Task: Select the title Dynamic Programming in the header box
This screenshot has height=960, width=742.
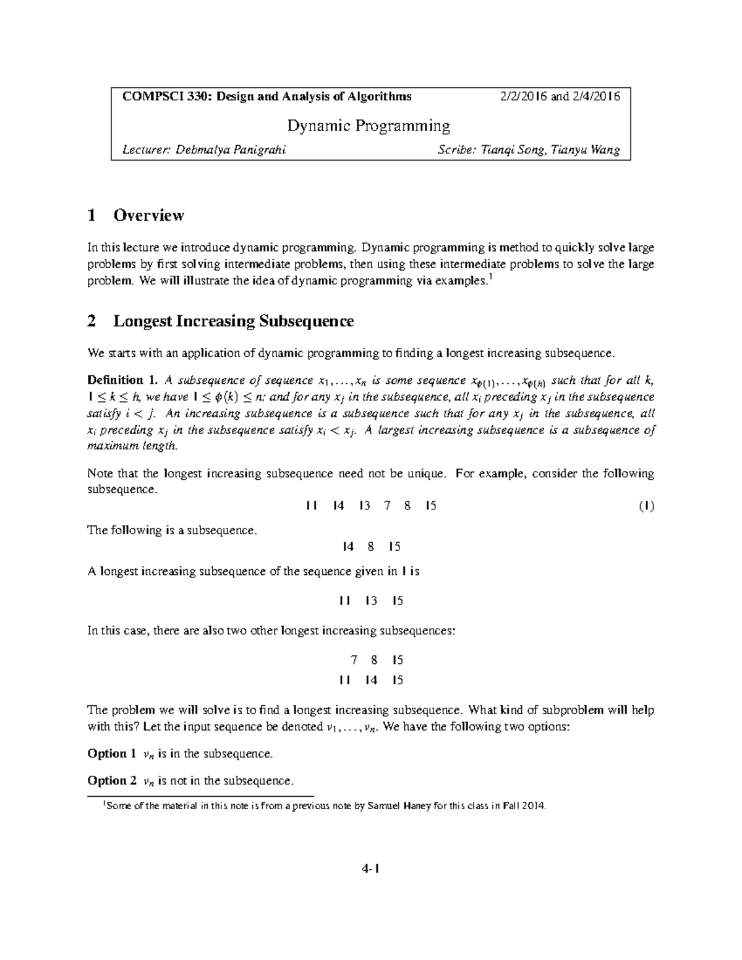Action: click(368, 126)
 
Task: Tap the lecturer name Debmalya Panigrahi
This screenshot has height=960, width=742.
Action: click(231, 150)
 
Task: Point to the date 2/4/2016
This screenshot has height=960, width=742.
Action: click(596, 96)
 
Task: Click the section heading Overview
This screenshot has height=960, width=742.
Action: click(148, 215)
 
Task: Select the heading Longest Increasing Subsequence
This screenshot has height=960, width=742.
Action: click(233, 321)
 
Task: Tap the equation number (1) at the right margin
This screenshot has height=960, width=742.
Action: click(646, 506)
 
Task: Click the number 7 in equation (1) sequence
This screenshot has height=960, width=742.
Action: click(387, 506)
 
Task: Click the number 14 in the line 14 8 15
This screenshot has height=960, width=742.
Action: click(348, 546)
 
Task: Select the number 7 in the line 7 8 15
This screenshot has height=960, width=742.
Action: click(354, 660)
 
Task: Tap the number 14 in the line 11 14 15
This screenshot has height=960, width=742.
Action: click(371, 680)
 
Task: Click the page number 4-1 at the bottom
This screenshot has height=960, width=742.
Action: click(370, 869)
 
